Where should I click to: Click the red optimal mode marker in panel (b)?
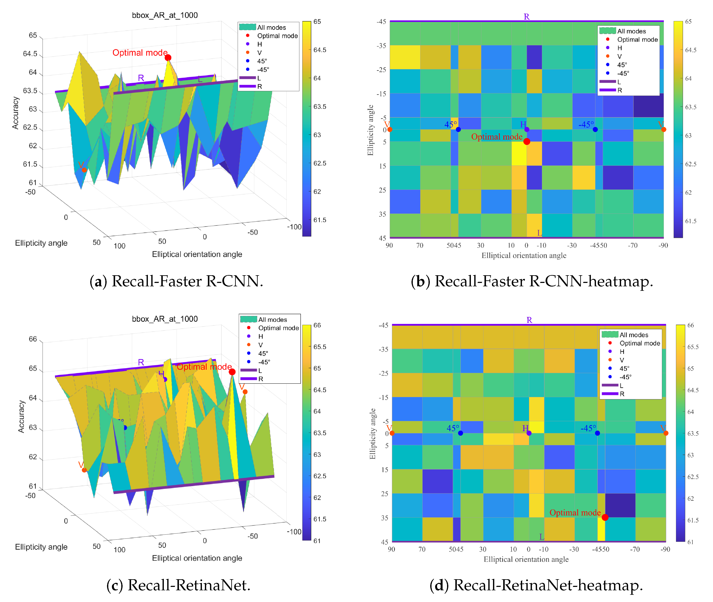527,141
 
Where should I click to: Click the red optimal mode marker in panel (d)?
605,517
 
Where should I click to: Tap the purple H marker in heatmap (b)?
527,129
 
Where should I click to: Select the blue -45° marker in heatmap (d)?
597,433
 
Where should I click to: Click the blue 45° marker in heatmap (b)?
458,129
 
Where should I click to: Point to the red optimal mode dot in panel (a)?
168,58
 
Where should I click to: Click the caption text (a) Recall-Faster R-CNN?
176,281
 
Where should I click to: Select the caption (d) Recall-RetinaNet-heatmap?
536,585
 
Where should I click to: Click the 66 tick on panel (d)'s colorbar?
690,325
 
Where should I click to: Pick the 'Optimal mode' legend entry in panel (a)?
277,36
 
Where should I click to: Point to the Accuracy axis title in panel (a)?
15,113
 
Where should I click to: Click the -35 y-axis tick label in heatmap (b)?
381,46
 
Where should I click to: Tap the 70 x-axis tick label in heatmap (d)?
422,549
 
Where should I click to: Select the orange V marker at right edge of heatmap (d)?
666,433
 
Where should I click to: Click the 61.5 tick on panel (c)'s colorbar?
319,519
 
